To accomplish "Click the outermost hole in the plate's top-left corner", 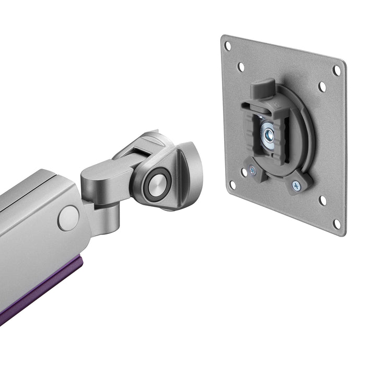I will tap(228, 46).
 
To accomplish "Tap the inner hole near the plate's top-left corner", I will tap(241, 67).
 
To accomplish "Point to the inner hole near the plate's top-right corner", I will tap(322, 87).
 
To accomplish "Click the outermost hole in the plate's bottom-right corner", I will tap(337, 224).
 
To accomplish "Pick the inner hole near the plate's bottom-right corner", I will tap(322, 200).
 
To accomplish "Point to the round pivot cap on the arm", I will tap(68, 218).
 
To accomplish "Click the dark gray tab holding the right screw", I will tap(300, 182).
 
